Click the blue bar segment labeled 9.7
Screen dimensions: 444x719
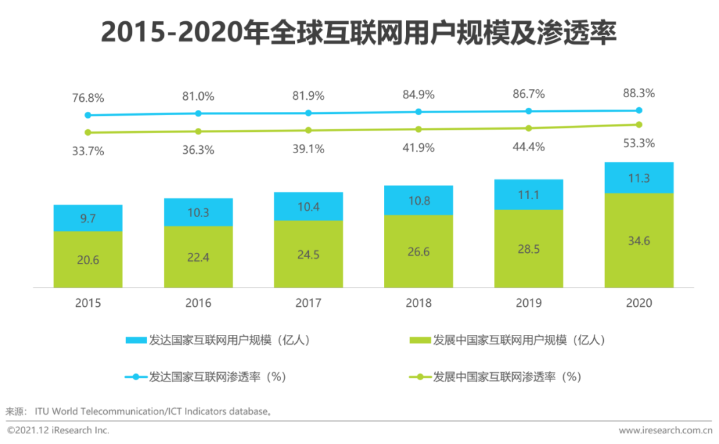coord(88,218)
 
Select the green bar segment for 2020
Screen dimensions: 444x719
coord(639,240)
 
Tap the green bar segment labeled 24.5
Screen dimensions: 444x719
coord(308,254)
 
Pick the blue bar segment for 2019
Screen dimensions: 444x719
coord(529,194)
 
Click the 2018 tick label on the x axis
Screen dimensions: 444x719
coord(418,304)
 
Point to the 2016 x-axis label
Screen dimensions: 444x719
coord(198,304)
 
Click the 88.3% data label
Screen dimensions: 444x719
coord(639,93)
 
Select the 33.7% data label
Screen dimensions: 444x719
coord(88,151)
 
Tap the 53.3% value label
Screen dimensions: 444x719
coord(639,143)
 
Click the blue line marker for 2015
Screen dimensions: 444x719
coord(88,115)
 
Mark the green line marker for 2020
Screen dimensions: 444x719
coord(639,124)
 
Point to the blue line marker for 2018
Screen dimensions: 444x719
coord(418,112)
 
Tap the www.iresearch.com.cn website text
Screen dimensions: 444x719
coord(665,431)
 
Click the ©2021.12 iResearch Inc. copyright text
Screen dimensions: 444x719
coord(58,431)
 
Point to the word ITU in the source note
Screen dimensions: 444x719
coord(43,411)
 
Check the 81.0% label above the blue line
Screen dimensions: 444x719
coord(198,97)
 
